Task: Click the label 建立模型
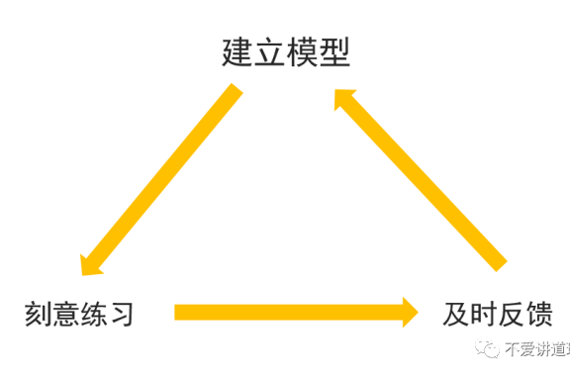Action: point(285,51)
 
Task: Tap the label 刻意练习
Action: point(79,315)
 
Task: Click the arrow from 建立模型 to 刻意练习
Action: point(163,178)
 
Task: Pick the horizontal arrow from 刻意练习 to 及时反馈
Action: point(287,313)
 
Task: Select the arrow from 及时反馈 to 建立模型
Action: point(421,178)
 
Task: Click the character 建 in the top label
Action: point(237,51)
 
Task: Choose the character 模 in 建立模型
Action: point(302,51)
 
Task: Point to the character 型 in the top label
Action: point(334,51)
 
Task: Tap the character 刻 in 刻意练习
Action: point(39,315)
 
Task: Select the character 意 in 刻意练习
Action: point(65,315)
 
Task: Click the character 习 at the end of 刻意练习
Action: point(120,315)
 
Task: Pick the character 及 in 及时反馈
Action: point(454,315)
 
